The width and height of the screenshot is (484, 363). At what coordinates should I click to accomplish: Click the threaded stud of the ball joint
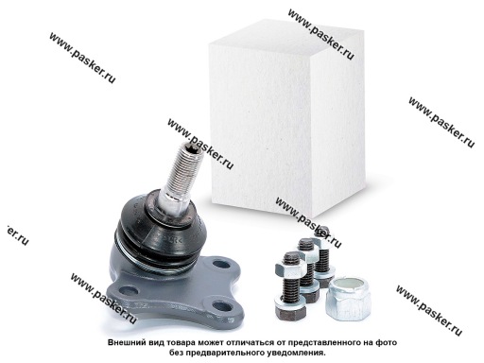[178, 177]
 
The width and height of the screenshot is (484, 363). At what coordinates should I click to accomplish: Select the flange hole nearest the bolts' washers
[221, 306]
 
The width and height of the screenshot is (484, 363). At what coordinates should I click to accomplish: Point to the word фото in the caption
[387, 342]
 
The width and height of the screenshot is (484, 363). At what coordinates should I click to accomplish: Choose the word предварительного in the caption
[225, 353]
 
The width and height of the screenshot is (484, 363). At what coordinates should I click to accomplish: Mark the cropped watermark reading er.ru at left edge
[16, 234]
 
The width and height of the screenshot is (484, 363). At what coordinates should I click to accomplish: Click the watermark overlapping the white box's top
[321, 34]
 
